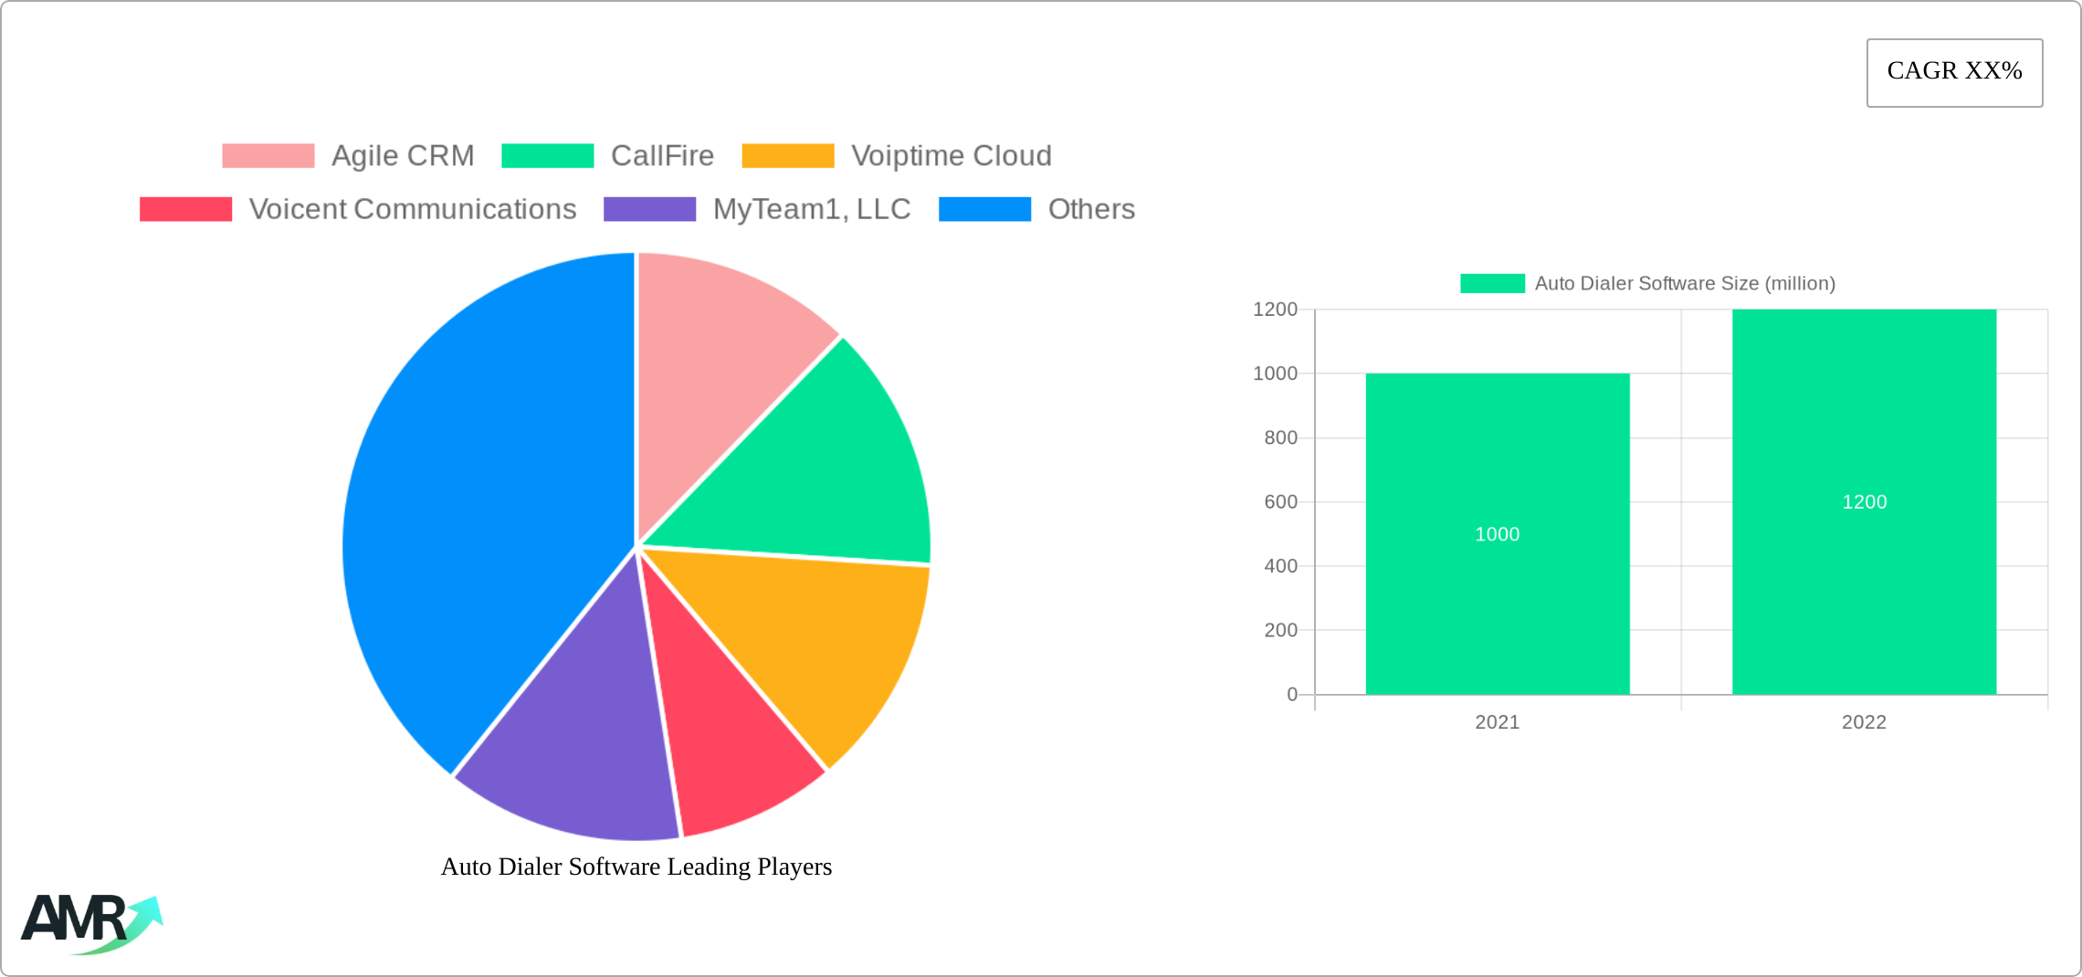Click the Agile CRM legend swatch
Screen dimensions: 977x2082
coord(268,156)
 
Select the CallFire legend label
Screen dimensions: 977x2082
coord(662,156)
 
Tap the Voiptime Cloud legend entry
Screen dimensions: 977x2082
coord(951,156)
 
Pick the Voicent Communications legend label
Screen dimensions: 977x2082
coord(412,209)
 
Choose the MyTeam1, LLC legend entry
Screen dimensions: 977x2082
coord(811,209)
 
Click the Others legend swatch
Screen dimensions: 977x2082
coord(984,209)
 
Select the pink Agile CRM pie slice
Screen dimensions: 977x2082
coord(721,365)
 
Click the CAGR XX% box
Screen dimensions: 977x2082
coord(1954,72)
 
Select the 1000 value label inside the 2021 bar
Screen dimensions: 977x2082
coord(1498,534)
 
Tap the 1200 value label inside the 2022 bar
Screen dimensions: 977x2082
coord(1864,502)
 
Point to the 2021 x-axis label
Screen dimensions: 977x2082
coord(1498,722)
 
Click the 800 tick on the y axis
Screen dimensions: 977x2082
coord(1280,438)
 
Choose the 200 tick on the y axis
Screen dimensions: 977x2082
coord(1280,630)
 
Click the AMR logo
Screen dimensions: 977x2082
coord(91,922)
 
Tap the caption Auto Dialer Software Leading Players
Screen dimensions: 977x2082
coord(636,867)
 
